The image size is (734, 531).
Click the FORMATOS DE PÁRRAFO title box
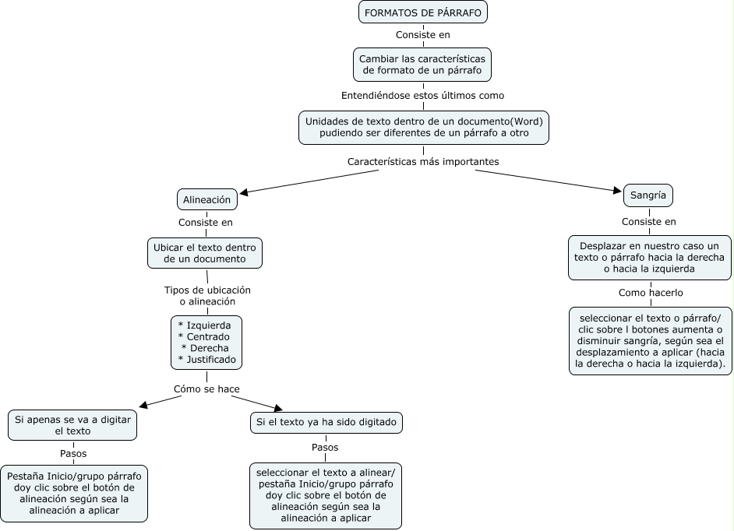pos(423,13)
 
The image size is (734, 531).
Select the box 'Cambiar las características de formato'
pos(423,65)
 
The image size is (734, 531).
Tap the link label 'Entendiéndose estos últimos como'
pos(423,96)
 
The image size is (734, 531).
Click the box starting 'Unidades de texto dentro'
pos(423,128)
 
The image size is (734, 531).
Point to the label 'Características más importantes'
pos(423,161)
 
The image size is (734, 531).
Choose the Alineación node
pos(206,199)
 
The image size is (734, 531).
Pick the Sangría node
pos(648,195)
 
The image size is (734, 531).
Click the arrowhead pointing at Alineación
pos(243,192)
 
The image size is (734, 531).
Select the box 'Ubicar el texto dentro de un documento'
pos(205,253)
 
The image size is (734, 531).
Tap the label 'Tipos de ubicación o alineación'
pos(207,295)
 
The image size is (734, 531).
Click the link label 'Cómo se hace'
pos(206,389)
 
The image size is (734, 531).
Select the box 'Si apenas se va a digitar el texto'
pos(72,424)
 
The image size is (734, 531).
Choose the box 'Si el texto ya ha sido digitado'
pos(326,423)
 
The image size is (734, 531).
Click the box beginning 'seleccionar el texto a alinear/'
pos(326,495)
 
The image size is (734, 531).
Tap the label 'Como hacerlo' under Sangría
pos(651,293)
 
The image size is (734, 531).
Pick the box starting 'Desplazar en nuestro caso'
pos(650,257)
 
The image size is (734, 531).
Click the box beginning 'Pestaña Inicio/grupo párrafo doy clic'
pos(74,493)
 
